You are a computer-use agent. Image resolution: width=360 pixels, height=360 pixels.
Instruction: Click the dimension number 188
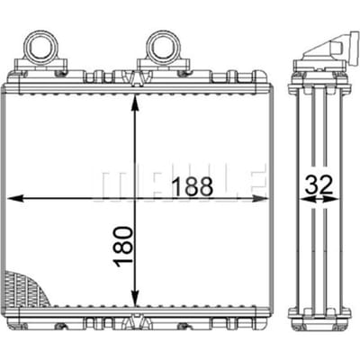[193, 186]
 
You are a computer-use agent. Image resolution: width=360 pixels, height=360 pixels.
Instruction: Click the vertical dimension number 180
[123, 247]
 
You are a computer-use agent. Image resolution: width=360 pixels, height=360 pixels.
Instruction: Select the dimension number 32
[319, 184]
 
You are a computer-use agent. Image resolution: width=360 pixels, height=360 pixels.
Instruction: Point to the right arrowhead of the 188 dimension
[258, 198]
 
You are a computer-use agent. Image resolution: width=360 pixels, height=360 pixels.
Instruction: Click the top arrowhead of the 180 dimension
[135, 103]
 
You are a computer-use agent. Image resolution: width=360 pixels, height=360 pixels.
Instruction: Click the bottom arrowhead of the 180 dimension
[135, 298]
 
